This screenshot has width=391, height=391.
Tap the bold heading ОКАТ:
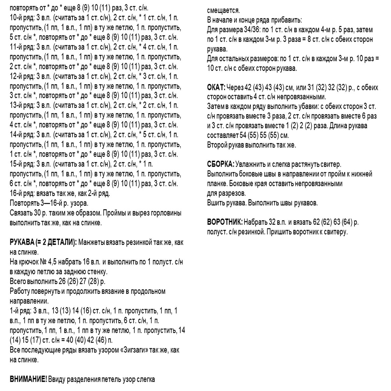pyautogui.click(x=216, y=88)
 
